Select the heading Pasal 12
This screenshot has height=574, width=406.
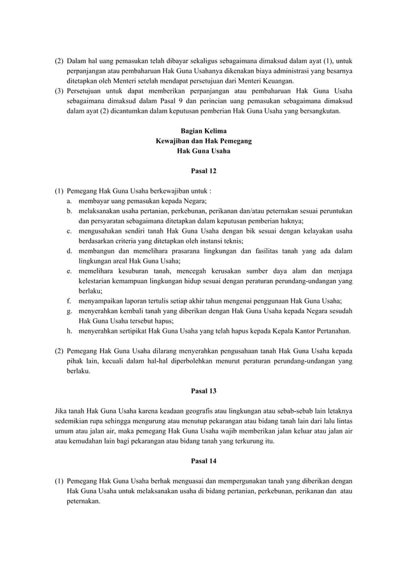pos(203,170)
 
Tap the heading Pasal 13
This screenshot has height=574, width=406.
pos(203,390)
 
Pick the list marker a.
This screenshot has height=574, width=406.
pos(68,200)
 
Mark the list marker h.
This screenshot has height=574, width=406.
pos(68,331)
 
